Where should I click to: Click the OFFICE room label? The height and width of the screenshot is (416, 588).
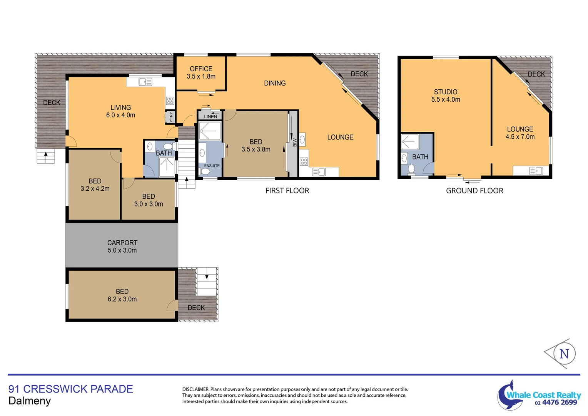[x=201, y=69]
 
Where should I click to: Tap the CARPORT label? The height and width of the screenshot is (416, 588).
[x=122, y=243]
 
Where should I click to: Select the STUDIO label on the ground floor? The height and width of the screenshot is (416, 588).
[x=445, y=92]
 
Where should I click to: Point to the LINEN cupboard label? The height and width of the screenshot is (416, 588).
[x=210, y=117]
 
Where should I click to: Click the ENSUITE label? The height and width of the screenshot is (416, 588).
[x=212, y=166]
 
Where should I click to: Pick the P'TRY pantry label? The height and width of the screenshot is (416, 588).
[x=171, y=117]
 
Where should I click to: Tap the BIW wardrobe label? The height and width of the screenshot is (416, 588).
[x=295, y=143]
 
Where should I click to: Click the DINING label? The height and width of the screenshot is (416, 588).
[x=275, y=83]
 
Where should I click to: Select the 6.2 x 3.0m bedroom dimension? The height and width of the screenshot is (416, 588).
[x=122, y=299]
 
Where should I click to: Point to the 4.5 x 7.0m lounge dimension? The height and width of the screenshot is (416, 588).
[x=520, y=137]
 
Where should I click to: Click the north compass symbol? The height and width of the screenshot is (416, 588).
[x=563, y=353]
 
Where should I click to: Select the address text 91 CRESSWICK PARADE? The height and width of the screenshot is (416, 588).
[x=71, y=389]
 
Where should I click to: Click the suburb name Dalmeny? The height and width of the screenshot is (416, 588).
[x=30, y=401]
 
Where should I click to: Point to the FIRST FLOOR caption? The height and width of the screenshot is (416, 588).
[x=287, y=191]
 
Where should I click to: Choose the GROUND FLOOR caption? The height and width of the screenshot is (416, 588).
[x=474, y=191]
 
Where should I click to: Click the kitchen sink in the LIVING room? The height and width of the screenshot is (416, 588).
[x=145, y=82]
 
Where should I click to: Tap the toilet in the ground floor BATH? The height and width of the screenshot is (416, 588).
[x=411, y=169]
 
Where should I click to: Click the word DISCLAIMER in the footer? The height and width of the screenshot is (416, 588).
[x=195, y=389]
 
